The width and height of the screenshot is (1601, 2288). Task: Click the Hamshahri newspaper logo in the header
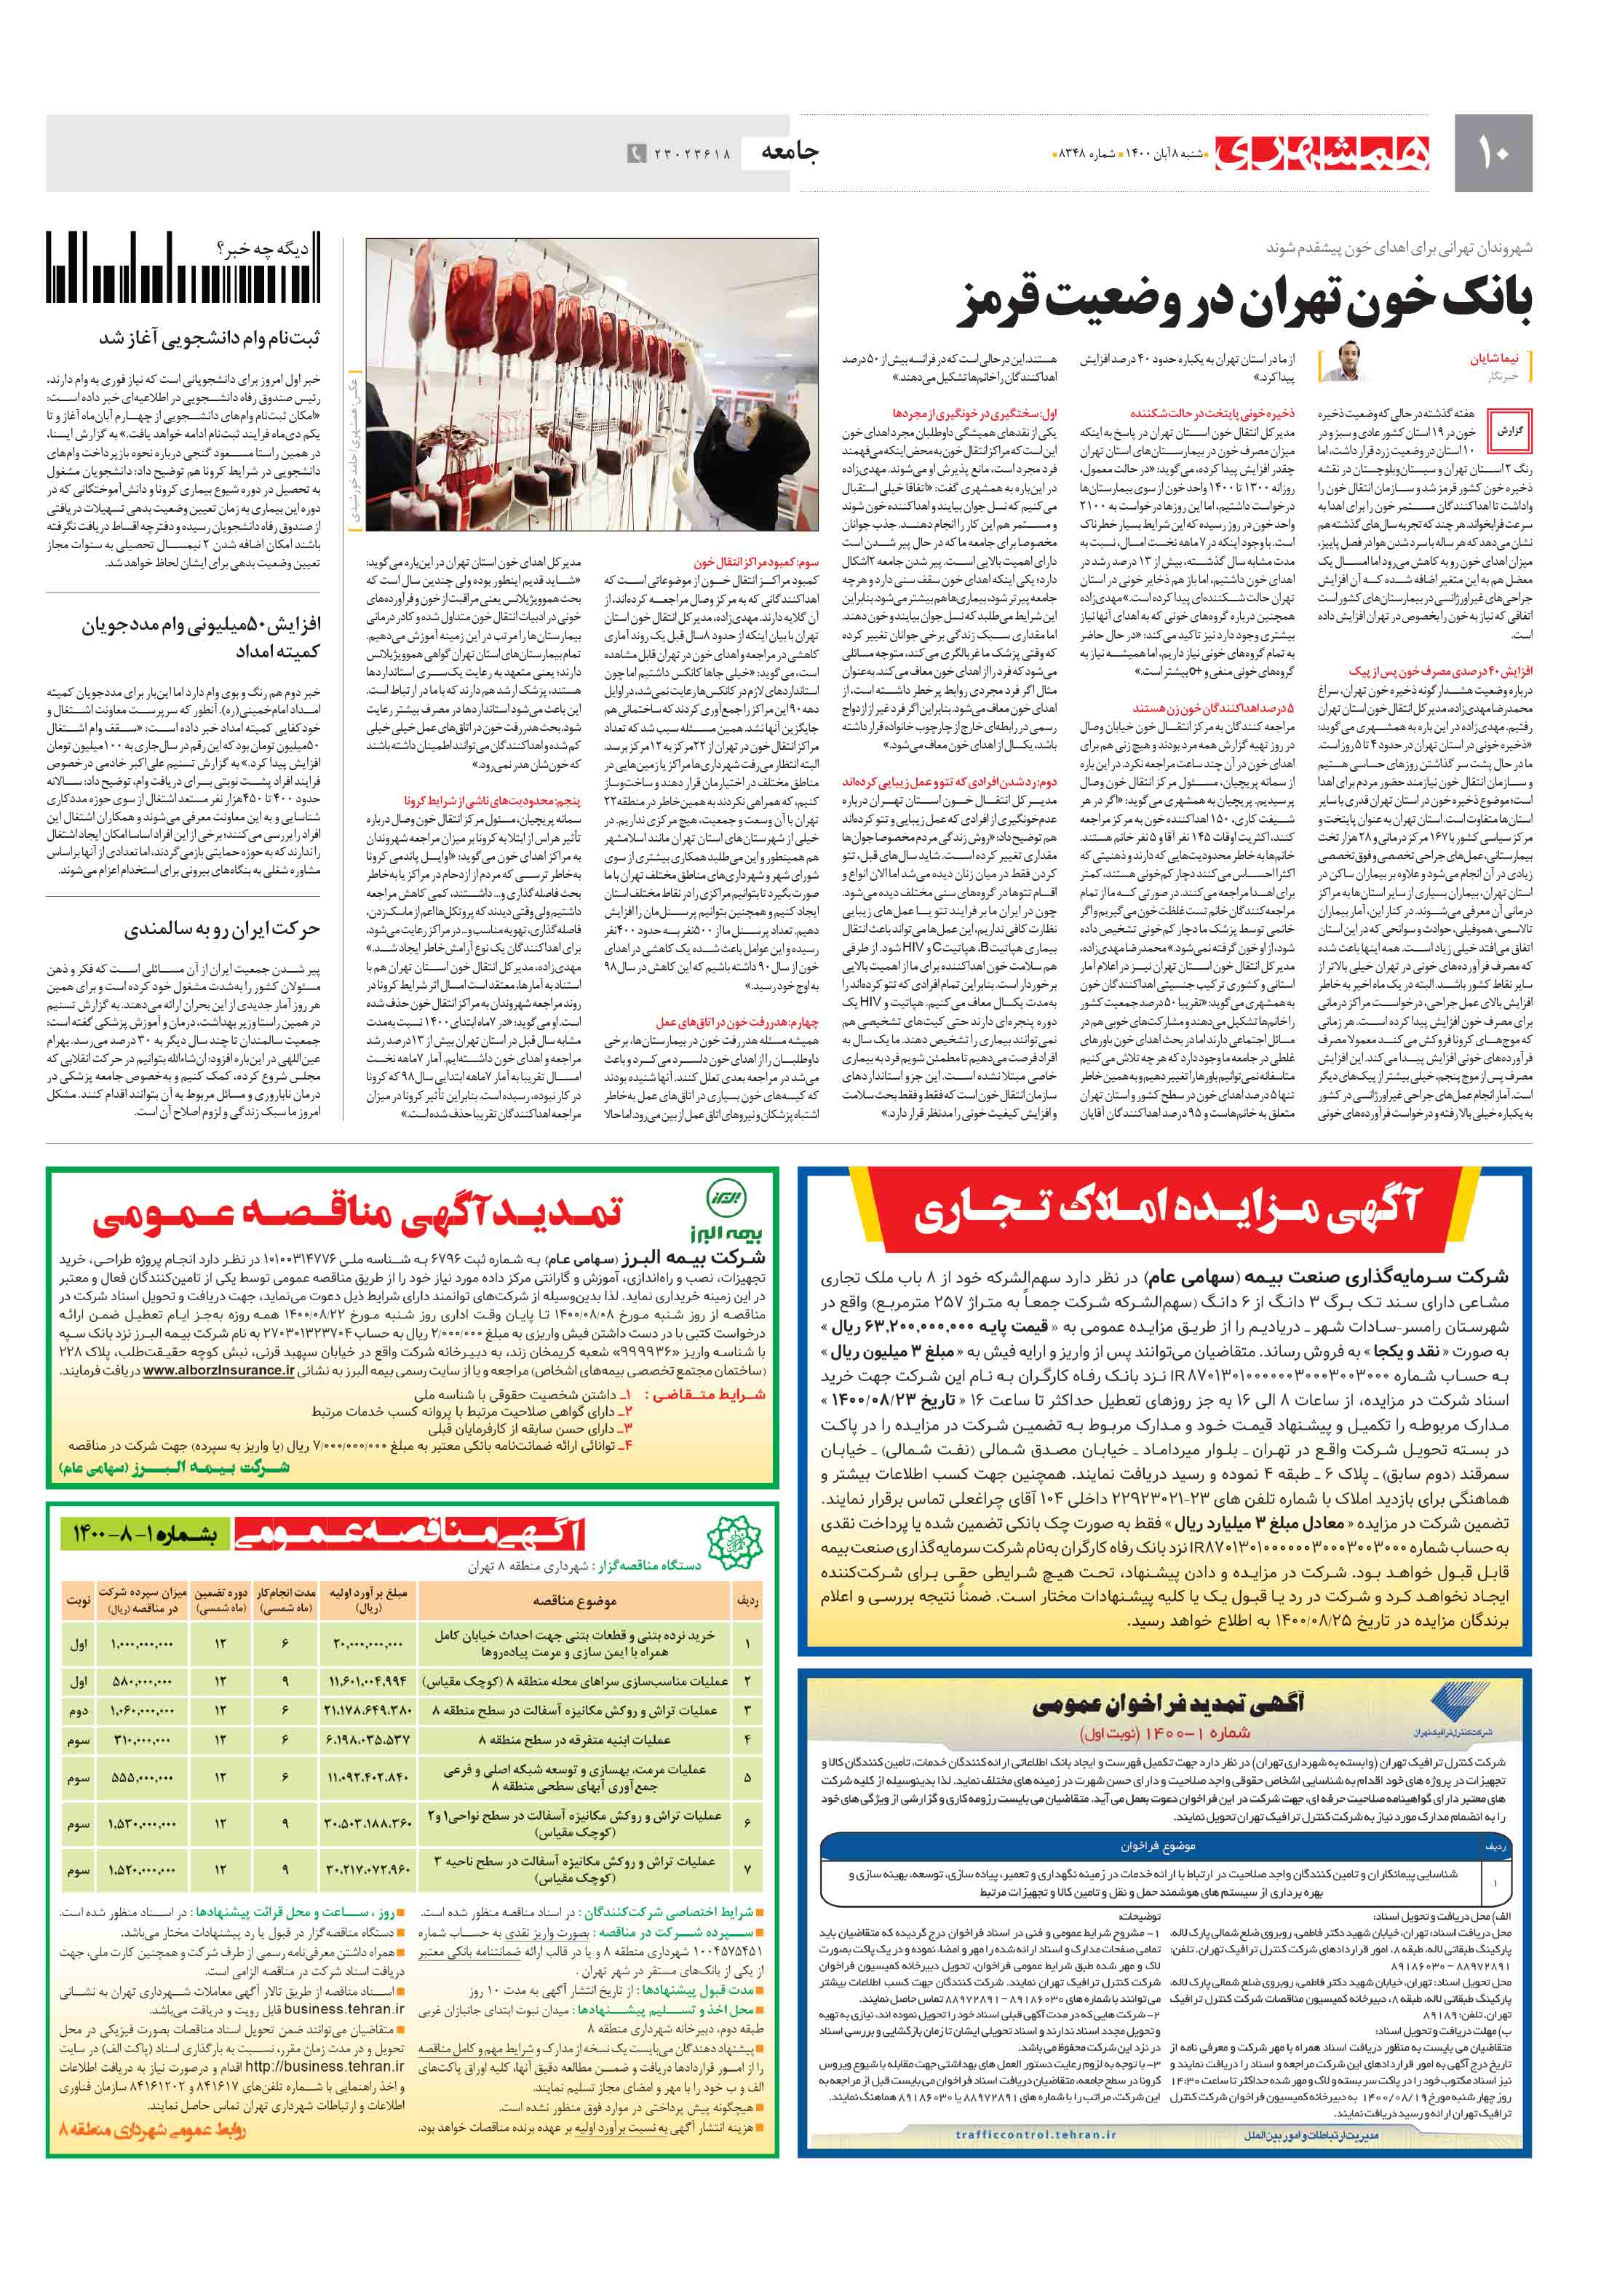[x=1322, y=154]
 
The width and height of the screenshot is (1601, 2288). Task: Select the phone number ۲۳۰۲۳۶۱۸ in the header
[x=692, y=154]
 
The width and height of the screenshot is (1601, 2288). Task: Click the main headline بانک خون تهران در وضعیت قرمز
[x=1245, y=301]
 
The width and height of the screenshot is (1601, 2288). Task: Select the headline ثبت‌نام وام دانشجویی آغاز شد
[x=209, y=339]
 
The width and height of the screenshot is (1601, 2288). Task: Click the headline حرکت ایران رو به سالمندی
[x=221, y=929]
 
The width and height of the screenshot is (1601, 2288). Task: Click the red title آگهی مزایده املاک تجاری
[x=1167, y=1210]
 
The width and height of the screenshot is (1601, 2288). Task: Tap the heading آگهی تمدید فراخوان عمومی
[x=1167, y=1703]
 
